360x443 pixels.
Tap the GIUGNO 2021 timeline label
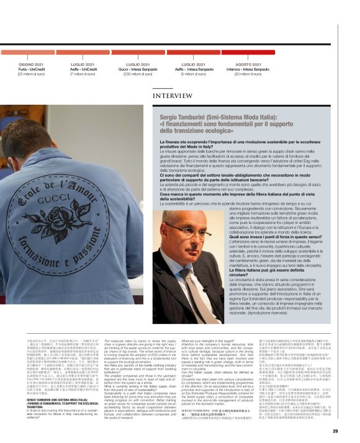click(30, 64)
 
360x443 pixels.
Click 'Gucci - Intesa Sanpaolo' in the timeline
click(138, 69)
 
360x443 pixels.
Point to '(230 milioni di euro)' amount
click(138, 74)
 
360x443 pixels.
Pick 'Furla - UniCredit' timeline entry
click(30, 69)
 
